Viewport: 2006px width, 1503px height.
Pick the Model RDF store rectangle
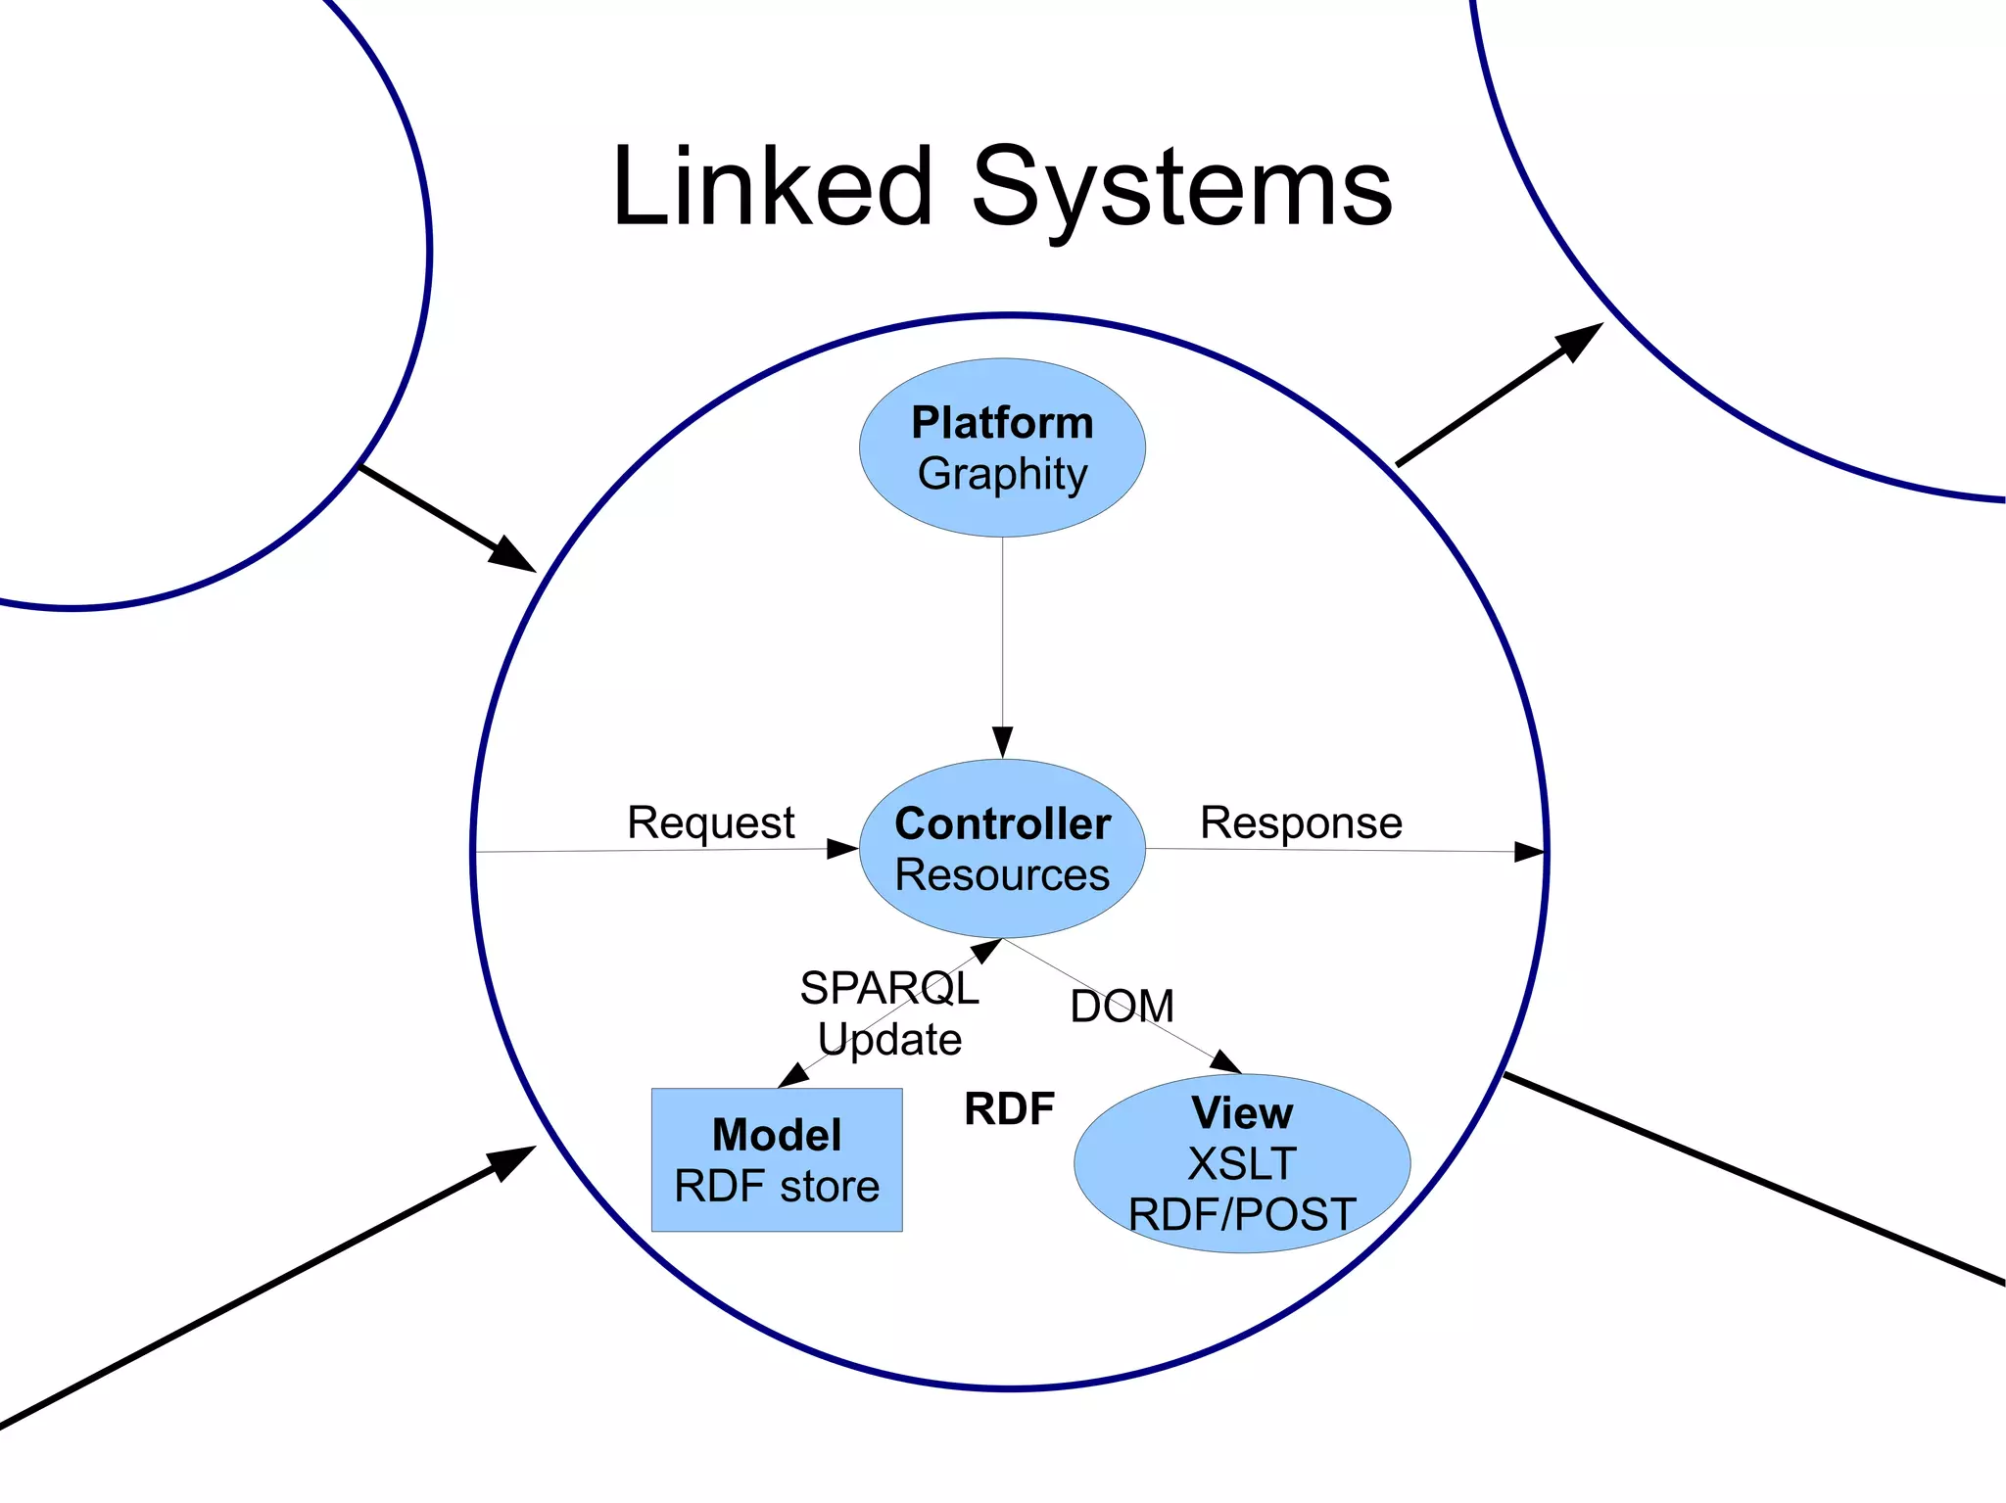[x=777, y=1159]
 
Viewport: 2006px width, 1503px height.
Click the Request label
[x=710, y=822]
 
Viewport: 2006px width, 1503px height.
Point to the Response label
[x=1301, y=822]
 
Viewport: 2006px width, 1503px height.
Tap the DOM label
[x=1122, y=1007]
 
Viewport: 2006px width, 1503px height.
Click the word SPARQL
[x=888, y=988]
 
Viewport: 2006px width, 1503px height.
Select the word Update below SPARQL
[x=888, y=1039]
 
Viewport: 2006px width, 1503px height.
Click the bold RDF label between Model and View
[x=1009, y=1109]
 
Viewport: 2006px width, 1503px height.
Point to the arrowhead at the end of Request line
[x=842, y=849]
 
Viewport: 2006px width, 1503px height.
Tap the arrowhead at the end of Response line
[x=1529, y=852]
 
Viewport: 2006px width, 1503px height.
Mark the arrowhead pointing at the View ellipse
[x=1226, y=1062]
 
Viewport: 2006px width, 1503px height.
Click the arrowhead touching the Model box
[x=793, y=1076]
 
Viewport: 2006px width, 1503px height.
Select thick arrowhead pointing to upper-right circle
[x=1578, y=341]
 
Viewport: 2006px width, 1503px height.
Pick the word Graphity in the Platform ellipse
[x=1002, y=474]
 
